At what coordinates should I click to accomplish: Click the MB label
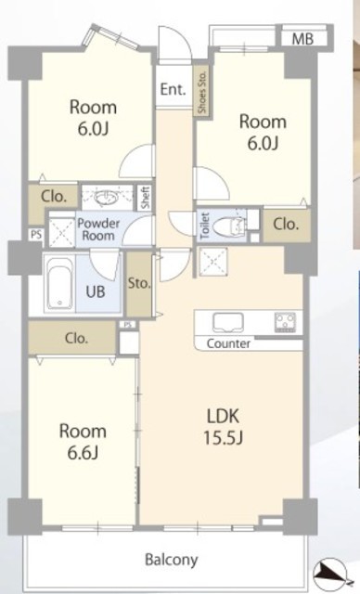[302, 39]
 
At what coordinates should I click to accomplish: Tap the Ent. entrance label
[174, 89]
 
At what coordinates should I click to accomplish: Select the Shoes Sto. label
[202, 92]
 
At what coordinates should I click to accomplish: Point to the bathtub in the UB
[60, 283]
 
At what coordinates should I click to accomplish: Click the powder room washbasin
[107, 198]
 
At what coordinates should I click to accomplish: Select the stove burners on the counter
[285, 322]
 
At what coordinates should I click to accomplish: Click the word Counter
[228, 343]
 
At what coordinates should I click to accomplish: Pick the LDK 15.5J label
[223, 426]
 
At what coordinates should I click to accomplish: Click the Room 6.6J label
[83, 442]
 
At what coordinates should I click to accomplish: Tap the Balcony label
[172, 559]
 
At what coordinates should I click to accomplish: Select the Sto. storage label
[139, 283]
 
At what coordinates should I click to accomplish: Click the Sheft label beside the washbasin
[146, 198]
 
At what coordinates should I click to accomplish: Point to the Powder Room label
[98, 229]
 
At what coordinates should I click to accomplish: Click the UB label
[95, 292]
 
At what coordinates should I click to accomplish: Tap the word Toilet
[205, 226]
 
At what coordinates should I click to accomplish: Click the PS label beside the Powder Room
[36, 235]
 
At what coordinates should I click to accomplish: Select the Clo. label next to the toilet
[286, 225]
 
